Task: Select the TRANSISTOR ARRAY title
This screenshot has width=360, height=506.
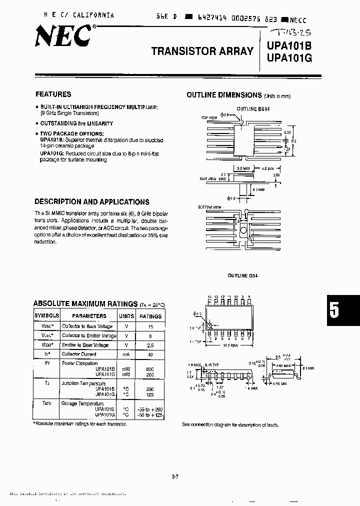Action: tap(202, 51)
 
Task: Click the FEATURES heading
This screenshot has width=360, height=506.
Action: tap(53, 94)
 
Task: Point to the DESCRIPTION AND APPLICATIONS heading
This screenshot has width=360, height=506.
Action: tap(91, 202)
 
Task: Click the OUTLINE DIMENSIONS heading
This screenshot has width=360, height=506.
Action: tap(224, 95)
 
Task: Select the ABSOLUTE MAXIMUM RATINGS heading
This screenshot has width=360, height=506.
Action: tap(85, 303)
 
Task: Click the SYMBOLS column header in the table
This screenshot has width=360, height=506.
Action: tap(46, 316)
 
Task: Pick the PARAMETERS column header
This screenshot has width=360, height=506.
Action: tap(89, 316)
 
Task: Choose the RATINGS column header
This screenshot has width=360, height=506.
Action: tap(150, 316)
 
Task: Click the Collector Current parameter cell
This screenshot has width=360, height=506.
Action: tap(79, 354)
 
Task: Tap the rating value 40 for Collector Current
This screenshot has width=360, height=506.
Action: tap(150, 354)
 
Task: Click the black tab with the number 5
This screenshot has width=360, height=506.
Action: tap(343, 310)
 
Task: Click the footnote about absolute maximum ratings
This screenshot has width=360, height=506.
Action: tap(80, 424)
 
